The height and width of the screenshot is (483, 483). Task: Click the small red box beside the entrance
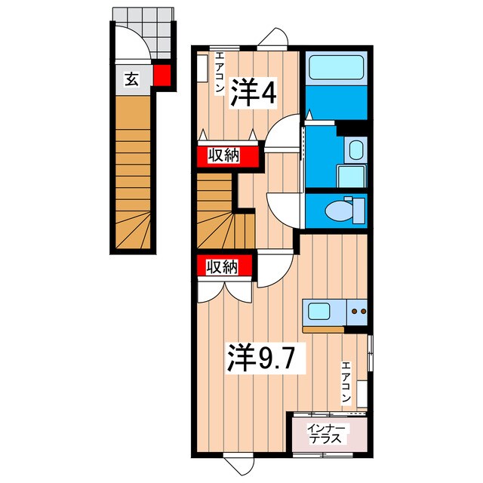click(x=162, y=75)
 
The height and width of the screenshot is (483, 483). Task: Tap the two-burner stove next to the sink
click(x=357, y=310)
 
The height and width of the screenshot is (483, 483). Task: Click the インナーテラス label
click(x=326, y=435)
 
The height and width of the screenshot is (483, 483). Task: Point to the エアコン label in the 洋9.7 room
click(x=346, y=383)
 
